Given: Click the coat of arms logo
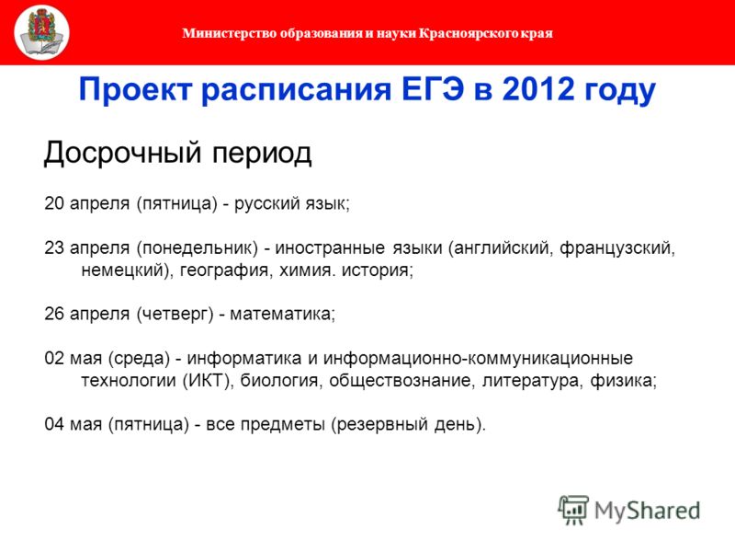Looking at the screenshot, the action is coord(41,32).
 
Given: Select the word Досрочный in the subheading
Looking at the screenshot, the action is coord(123,154).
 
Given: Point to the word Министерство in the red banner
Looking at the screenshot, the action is coord(230,33).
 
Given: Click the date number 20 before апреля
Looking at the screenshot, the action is coord(54,203).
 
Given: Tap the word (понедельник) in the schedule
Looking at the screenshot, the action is coord(198,248).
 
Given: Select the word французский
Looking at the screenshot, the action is coord(617,248).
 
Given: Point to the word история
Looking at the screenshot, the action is coord(378,270).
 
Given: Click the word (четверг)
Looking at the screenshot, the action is coord(175,314).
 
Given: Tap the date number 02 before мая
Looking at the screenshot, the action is coord(54,358).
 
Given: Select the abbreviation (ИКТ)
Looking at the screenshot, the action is coord(209,380).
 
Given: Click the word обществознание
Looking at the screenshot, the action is coord(400,380).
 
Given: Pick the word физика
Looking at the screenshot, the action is coord(624,380).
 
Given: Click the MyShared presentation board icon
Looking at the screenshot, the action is coord(573,510).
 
